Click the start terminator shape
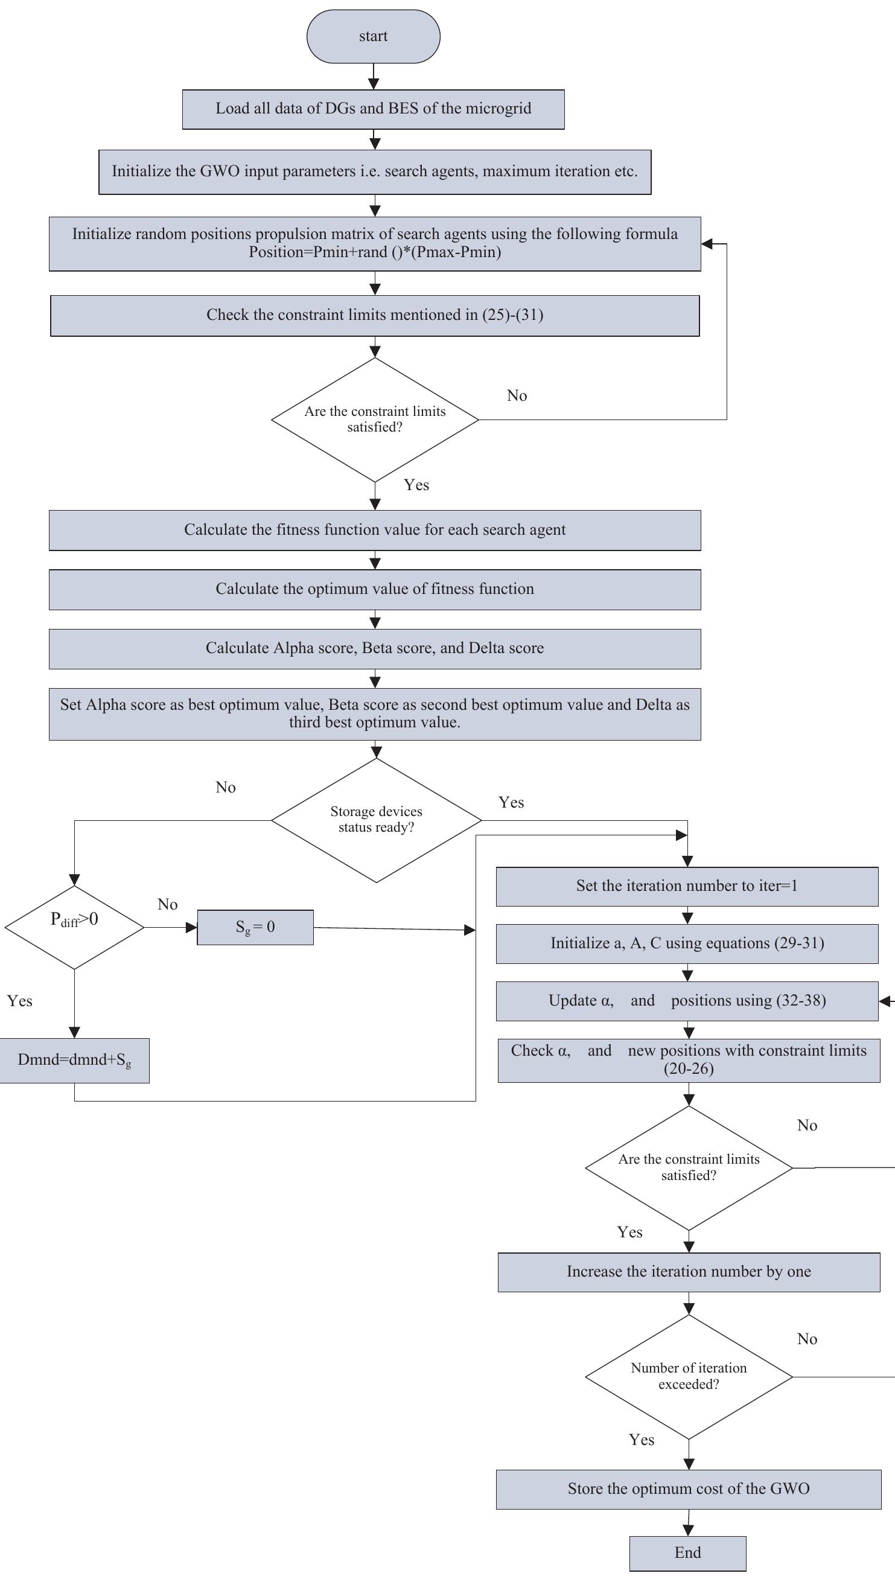pyautogui.click(x=373, y=36)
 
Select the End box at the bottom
pyautogui.click(x=687, y=1552)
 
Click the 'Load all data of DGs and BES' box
pyautogui.click(x=373, y=109)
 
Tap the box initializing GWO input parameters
pyautogui.click(x=374, y=171)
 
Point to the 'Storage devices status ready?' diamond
pyautogui.click(x=376, y=820)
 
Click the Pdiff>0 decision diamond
pyautogui.click(x=74, y=927)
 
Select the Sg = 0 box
pyautogui.click(x=255, y=927)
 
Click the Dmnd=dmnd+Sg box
pyautogui.click(x=74, y=1060)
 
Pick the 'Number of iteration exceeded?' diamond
pyautogui.click(x=689, y=1376)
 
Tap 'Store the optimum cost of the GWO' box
pyautogui.click(x=689, y=1488)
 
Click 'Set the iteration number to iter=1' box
pyautogui.click(x=687, y=885)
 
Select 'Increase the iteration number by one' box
pyautogui.click(x=689, y=1272)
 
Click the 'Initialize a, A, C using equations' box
pyautogui.click(x=687, y=943)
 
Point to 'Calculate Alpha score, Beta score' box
pyautogui.click(x=374, y=648)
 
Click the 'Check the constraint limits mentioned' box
pyautogui.click(x=374, y=315)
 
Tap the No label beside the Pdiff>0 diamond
pyautogui.click(x=167, y=904)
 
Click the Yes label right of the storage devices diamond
pyautogui.click(x=511, y=802)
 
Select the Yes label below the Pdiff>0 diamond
pyautogui.click(x=20, y=1001)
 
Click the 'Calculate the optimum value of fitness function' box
pyautogui.click(x=374, y=590)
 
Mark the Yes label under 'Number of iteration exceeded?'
pyautogui.click(x=641, y=1440)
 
